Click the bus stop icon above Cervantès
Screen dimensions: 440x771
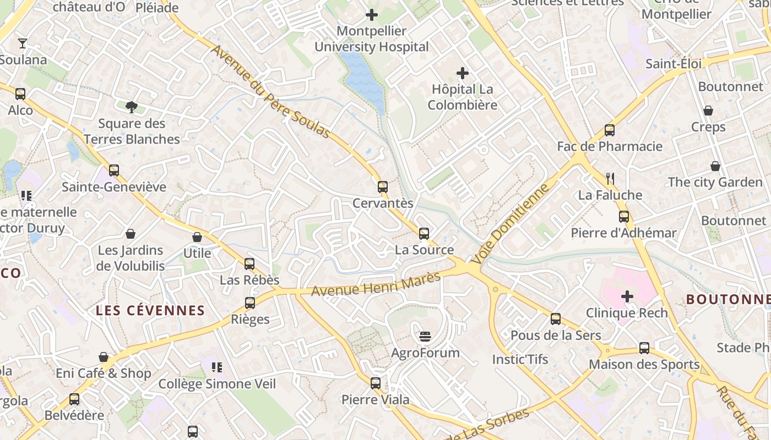383,186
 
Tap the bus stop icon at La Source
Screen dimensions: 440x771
423,234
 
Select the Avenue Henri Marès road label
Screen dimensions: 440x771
376,284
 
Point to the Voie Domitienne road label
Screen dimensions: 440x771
512,223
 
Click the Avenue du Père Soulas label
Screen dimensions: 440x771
270,92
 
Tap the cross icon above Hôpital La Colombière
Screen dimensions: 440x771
463,73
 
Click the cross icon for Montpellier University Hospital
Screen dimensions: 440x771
372,15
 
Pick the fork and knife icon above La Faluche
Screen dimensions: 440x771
610,178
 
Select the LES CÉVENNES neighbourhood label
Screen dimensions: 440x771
150,311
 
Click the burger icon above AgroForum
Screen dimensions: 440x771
425,335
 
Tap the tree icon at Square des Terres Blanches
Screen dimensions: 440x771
131,107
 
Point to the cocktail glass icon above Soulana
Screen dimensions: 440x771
23,43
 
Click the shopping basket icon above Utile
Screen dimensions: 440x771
197,237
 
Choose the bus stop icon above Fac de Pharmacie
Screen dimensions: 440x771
609,130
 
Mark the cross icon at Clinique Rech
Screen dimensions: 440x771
627,297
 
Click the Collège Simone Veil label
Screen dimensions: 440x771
217,384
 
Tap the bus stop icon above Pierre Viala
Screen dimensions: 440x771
376,383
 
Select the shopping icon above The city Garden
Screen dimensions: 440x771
715,166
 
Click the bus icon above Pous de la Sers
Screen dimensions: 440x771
556,318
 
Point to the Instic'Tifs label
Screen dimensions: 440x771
520,360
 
